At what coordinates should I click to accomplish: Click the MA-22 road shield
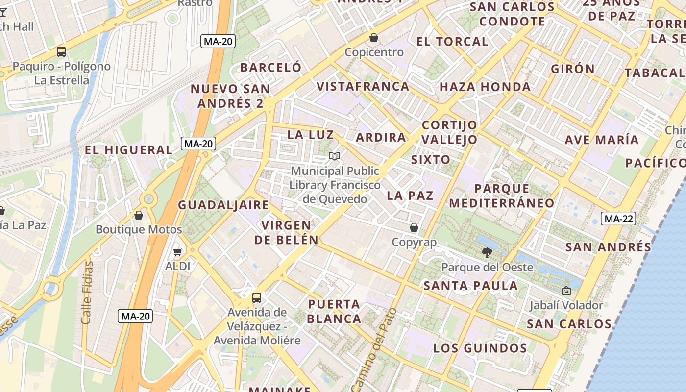[618, 219]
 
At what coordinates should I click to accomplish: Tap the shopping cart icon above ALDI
[177, 252]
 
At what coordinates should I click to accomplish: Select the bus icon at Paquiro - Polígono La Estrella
[61, 51]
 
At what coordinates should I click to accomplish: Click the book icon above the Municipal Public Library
[335, 156]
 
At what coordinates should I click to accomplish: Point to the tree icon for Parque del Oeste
[487, 253]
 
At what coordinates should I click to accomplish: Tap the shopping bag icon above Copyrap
[414, 227]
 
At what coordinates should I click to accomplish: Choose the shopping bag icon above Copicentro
[374, 38]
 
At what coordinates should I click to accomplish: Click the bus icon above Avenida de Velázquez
[256, 297]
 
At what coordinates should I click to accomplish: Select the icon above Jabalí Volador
[566, 291]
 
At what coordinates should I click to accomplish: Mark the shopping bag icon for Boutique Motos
[139, 215]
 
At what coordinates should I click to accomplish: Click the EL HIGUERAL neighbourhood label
[129, 150]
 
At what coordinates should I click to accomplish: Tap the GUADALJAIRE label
[223, 205]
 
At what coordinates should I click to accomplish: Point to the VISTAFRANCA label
[363, 87]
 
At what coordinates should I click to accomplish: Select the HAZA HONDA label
[485, 87]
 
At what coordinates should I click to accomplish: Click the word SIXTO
[431, 160]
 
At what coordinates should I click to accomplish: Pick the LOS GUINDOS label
[480, 349]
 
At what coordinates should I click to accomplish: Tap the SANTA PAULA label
[470, 286]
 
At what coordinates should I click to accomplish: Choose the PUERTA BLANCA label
[335, 311]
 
